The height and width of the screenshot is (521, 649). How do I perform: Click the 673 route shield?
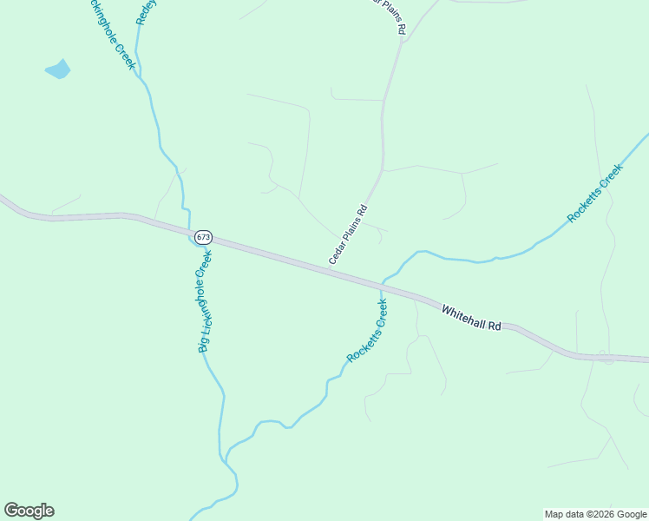click(203, 236)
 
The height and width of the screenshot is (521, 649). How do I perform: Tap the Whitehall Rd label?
click(471, 318)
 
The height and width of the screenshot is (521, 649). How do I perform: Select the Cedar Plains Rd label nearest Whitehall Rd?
click(349, 234)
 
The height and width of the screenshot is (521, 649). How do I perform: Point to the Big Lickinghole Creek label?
click(205, 300)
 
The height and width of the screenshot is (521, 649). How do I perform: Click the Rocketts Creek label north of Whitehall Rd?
click(595, 194)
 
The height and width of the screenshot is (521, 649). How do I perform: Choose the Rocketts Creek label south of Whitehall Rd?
click(367, 331)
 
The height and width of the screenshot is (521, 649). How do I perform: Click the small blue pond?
click(58, 69)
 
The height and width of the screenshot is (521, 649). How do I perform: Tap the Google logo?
click(29, 511)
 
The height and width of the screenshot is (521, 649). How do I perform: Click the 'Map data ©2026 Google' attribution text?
click(595, 514)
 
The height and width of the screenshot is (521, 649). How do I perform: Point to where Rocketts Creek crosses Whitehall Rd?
click(381, 284)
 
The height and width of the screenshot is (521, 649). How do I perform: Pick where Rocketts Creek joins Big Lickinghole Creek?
click(226, 458)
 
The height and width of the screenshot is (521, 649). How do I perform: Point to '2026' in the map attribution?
click(604, 514)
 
